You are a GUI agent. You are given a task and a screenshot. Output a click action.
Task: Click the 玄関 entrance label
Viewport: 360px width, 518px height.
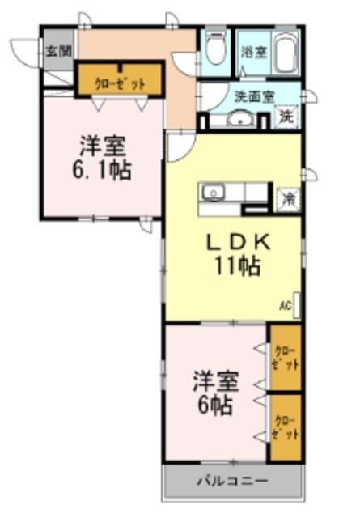[57, 50]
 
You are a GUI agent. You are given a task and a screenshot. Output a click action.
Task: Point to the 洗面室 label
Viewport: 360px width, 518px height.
[253, 96]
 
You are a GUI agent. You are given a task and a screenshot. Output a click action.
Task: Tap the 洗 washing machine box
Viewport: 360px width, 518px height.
[287, 116]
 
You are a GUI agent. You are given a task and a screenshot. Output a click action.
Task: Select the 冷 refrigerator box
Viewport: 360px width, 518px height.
[287, 197]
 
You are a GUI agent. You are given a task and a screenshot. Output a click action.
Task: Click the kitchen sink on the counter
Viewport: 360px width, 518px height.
[214, 193]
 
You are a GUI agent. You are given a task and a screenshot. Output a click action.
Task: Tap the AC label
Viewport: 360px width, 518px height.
[285, 305]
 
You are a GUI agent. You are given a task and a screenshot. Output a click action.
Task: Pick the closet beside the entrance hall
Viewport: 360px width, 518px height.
[120, 82]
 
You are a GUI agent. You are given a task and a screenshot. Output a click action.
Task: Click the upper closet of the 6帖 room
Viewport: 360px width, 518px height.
[286, 357]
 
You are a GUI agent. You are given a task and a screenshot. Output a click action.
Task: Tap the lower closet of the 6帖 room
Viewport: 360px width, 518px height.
[286, 427]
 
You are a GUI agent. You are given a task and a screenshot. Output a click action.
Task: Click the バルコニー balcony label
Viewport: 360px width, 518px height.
[234, 481]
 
